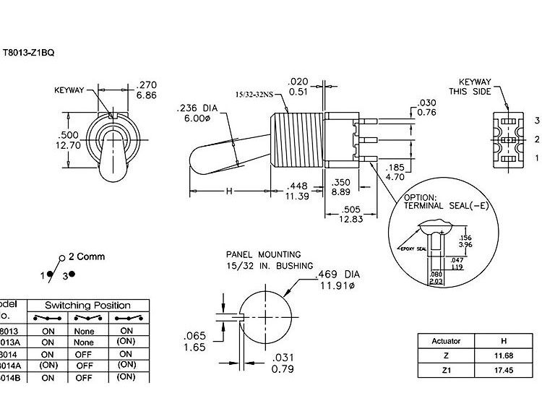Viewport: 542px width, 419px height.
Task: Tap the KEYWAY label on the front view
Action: pos(70,91)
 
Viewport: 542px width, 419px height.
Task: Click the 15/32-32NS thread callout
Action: pos(255,95)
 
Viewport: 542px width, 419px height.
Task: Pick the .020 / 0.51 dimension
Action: pos(298,85)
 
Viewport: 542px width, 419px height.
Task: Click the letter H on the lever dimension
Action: pos(229,191)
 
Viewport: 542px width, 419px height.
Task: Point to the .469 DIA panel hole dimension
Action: pos(337,279)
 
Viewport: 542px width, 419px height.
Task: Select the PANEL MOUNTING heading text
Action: pos(263,254)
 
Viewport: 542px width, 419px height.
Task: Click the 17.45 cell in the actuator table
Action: pos(497,370)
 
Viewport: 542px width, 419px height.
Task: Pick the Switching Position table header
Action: pos(88,306)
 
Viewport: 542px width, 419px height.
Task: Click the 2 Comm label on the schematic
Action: pos(86,256)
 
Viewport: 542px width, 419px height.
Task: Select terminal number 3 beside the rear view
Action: pos(536,120)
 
